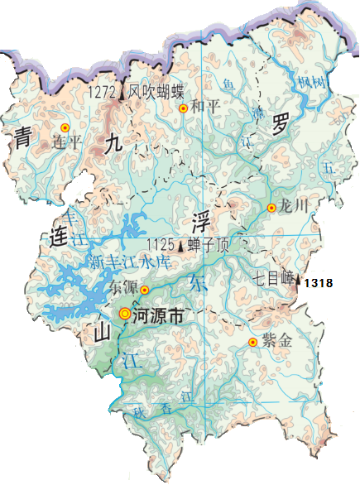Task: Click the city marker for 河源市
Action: tap(125, 314)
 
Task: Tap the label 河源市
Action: tap(160, 315)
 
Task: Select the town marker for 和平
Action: tap(183, 108)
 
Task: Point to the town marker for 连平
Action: tap(65, 128)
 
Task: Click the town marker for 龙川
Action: tap(271, 208)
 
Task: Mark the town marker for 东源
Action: tap(144, 290)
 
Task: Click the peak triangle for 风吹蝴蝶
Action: tap(125, 93)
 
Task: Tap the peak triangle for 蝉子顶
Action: tap(180, 245)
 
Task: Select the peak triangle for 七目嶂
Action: tap(299, 282)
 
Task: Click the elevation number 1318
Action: tap(319, 283)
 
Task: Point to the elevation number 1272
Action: tap(104, 92)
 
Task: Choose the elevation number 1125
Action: tap(159, 245)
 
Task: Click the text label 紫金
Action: tap(279, 342)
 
